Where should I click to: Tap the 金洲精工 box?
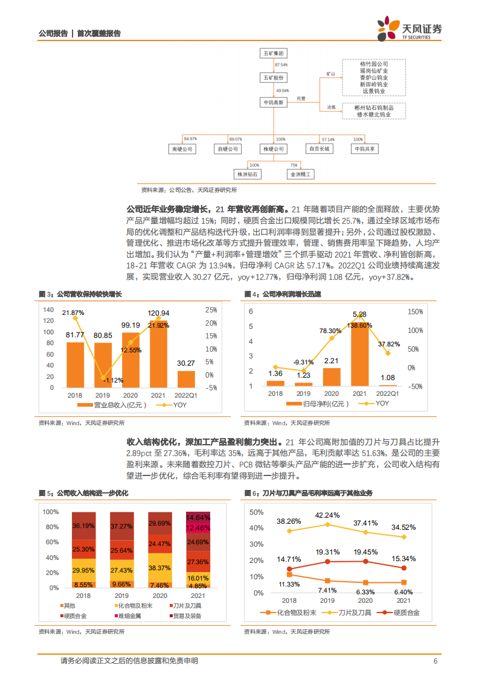[x=301, y=174]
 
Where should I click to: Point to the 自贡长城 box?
[x=319, y=148]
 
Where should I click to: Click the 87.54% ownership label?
[x=281, y=64]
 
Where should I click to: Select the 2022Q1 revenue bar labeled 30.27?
[x=186, y=379]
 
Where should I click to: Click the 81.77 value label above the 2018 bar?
[x=75, y=335]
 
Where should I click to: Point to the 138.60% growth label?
[x=359, y=325]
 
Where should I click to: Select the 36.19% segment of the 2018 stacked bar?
[x=83, y=526]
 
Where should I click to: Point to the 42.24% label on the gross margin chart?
[x=327, y=515]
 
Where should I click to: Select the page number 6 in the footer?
[x=435, y=661]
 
